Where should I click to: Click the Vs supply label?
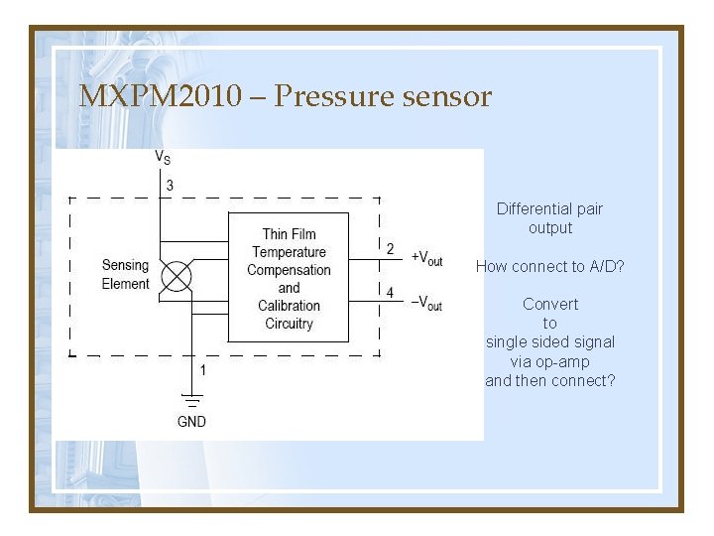click(x=162, y=157)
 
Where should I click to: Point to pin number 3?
click(x=170, y=186)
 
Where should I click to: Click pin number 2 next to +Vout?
click(x=390, y=249)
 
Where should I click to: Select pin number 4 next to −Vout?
click(x=390, y=293)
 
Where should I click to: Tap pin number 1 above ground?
click(x=203, y=370)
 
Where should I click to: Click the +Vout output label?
click(x=426, y=258)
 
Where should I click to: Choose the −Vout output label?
click(x=426, y=302)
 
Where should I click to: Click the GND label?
click(x=191, y=422)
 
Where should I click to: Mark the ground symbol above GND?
click(x=191, y=401)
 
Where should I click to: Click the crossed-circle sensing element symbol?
click(x=176, y=276)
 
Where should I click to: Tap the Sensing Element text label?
click(x=125, y=275)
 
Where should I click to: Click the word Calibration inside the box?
click(x=289, y=306)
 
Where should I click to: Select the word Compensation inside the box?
click(x=289, y=270)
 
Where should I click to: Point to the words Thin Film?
click(x=289, y=234)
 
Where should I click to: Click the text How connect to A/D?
click(x=549, y=266)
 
